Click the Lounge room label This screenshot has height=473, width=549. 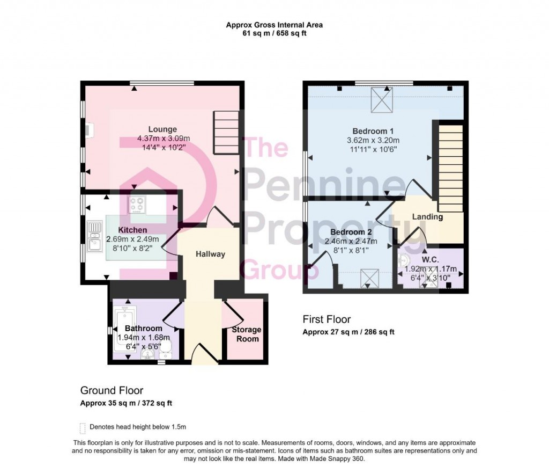point(162,129)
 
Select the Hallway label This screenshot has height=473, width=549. point(210,254)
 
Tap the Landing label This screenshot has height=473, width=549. point(427,217)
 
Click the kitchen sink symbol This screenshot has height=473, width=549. point(95,237)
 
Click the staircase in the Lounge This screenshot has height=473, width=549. point(225,133)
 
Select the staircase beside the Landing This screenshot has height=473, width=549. point(450,169)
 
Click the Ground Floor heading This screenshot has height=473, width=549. point(112,390)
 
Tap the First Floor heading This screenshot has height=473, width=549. point(327,319)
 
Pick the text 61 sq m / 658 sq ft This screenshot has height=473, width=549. point(274,33)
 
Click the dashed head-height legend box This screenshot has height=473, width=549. point(83,427)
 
